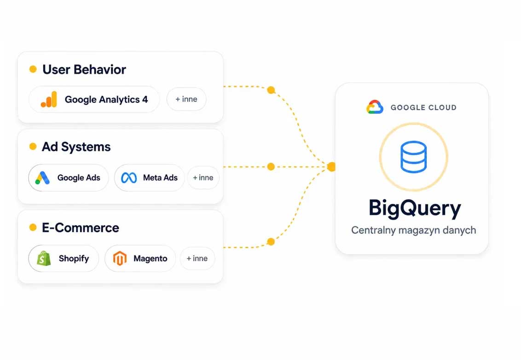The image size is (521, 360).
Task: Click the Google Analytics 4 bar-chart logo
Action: pyautogui.click(x=49, y=99)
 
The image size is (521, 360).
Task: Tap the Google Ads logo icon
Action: pyautogui.click(x=42, y=178)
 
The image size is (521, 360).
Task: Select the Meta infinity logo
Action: pyautogui.click(x=129, y=178)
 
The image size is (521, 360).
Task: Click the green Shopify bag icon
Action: pyautogui.click(x=44, y=258)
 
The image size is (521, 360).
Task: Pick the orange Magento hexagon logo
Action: pyautogui.click(x=120, y=258)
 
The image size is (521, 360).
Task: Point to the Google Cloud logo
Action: pyautogui.click(x=375, y=107)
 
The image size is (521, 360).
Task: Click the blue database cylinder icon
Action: pyautogui.click(x=413, y=157)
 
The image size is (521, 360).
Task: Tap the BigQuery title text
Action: pyautogui.click(x=415, y=209)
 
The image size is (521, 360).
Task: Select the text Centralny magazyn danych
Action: pyautogui.click(x=413, y=230)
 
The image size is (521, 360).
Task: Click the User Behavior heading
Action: pyautogui.click(x=84, y=70)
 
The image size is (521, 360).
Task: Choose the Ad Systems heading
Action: pyautogui.click(x=76, y=147)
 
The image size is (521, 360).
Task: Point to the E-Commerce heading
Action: pyautogui.click(x=81, y=228)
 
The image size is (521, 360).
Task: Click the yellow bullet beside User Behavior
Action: pyautogui.click(x=33, y=69)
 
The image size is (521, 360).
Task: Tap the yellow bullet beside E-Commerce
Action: pyautogui.click(x=33, y=227)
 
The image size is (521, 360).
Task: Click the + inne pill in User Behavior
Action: pyautogui.click(x=186, y=99)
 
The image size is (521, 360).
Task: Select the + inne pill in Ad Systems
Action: pyautogui.click(x=203, y=178)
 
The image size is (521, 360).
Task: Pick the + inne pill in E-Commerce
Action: pyautogui.click(x=197, y=258)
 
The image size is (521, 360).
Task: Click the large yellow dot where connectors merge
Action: pyautogui.click(x=331, y=167)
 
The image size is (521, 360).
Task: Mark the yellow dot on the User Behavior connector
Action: pyautogui.click(x=271, y=90)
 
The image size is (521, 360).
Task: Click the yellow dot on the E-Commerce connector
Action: pyautogui.click(x=271, y=242)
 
